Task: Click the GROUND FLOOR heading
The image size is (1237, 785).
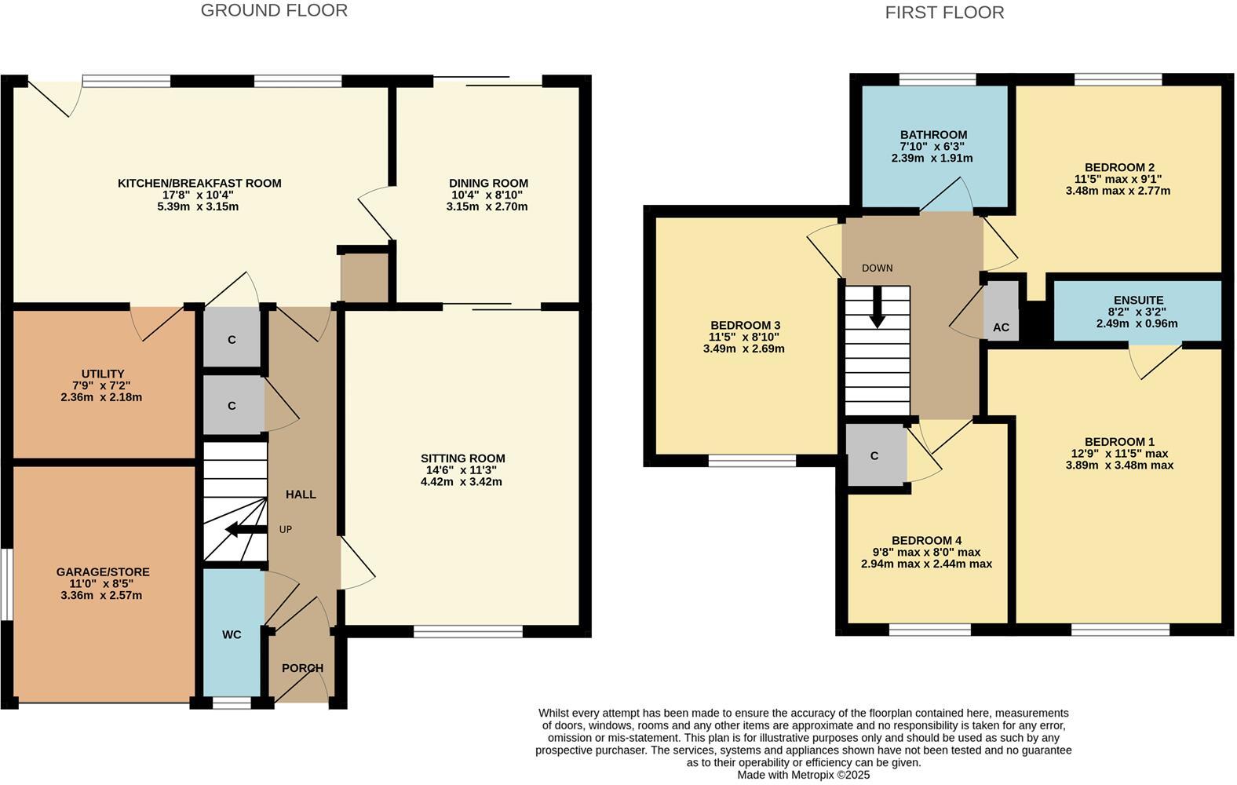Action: (274, 10)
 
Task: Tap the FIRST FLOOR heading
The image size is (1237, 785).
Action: (944, 13)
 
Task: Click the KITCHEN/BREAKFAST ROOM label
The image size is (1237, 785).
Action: (199, 183)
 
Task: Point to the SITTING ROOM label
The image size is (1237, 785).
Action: (462, 458)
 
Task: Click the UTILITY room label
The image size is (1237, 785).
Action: (103, 374)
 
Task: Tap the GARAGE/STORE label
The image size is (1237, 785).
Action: (103, 572)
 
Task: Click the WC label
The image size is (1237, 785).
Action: (232, 634)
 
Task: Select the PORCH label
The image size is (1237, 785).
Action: (302, 668)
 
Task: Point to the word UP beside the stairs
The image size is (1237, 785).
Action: (286, 530)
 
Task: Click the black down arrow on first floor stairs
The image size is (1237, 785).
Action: (877, 307)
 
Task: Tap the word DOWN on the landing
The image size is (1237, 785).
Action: (877, 268)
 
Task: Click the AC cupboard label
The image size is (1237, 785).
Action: (1001, 327)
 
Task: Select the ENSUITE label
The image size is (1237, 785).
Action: (1138, 300)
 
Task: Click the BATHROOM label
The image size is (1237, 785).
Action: (933, 135)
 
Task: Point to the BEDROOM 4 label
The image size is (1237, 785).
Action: (926, 540)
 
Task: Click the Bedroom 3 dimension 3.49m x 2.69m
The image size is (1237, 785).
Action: (743, 349)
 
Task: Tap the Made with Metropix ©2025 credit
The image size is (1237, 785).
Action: (803, 774)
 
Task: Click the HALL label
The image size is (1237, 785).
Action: (301, 495)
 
